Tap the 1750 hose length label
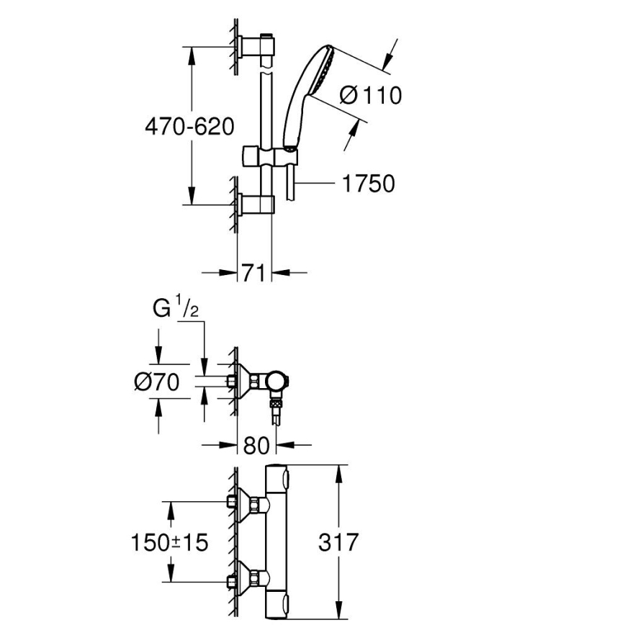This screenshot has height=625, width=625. pyautogui.click(x=368, y=184)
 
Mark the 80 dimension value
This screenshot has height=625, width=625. pyautogui.click(x=256, y=445)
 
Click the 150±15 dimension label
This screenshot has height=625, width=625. pyautogui.click(x=169, y=541)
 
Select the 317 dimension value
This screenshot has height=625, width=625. pyautogui.click(x=338, y=541)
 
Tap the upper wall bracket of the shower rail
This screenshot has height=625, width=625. pyautogui.click(x=258, y=46)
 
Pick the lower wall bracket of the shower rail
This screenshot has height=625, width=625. pyautogui.click(x=258, y=204)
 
